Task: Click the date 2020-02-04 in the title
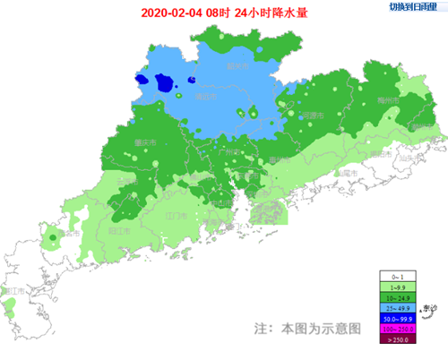170,13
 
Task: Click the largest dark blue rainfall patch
165,83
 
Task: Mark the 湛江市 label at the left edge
12,291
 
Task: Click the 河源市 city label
312,116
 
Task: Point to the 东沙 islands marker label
429,308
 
